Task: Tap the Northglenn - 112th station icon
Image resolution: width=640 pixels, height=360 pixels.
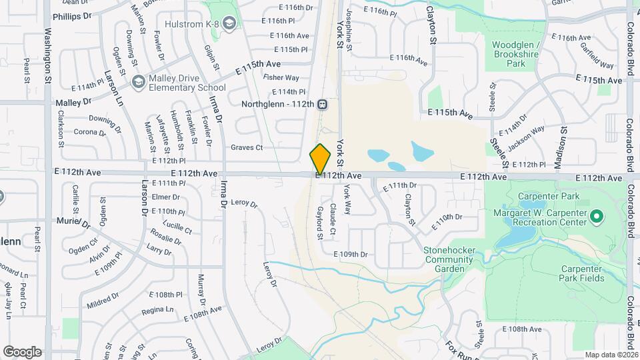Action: (x=322, y=104)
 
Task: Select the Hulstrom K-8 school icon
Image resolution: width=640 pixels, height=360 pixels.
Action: (x=230, y=25)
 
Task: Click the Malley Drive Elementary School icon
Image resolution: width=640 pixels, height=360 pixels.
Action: (x=139, y=82)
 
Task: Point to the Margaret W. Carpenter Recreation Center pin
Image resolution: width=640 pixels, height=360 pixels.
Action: (x=597, y=216)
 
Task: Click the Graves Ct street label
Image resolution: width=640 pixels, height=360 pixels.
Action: (x=247, y=147)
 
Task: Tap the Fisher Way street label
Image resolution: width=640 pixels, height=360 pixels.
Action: (x=281, y=78)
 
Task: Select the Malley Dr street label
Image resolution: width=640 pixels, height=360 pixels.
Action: (x=73, y=103)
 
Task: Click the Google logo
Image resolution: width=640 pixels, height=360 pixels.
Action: (x=22, y=351)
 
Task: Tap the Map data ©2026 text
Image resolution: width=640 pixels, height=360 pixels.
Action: (x=611, y=355)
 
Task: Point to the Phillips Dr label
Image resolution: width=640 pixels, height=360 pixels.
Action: (x=71, y=16)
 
